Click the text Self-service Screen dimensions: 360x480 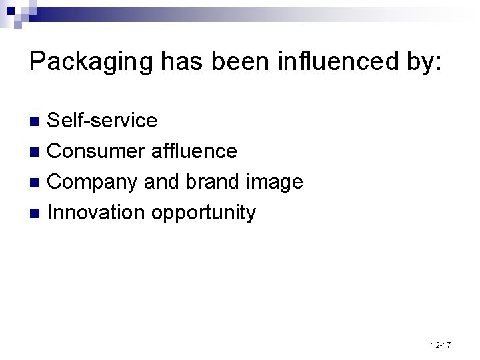coord(103,121)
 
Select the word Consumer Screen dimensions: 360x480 coord(97,151)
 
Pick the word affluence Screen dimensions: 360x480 coord(194,151)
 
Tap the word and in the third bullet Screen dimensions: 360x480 coord(165,182)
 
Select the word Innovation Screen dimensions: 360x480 coord(97,213)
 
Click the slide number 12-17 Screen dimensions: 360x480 coord(441,345)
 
